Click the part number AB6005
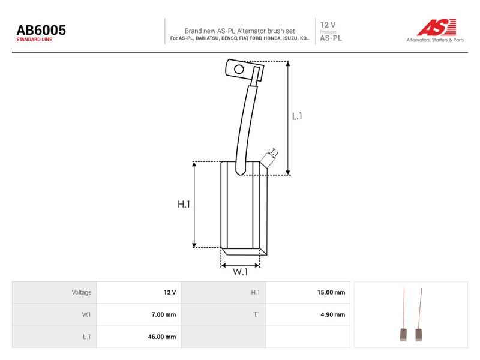click(41, 30)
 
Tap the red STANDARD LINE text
click(34, 40)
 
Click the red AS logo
click(437, 27)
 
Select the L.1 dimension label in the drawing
click(297, 116)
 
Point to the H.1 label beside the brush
click(184, 204)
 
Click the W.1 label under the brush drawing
click(241, 272)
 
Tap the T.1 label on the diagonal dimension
click(274, 152)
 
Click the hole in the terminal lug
click(239, 69)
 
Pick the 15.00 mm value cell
click(331, 292)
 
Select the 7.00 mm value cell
click(163, 314)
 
